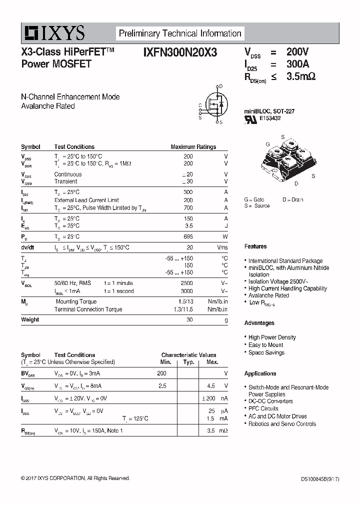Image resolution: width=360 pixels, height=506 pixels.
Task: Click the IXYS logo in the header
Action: click(53, 33)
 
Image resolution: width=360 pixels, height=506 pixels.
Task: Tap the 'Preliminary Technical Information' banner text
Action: click(180, 33)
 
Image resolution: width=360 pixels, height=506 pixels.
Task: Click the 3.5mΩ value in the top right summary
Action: click(301, 76)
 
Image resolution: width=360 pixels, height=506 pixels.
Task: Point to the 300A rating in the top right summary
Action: click(298, 64)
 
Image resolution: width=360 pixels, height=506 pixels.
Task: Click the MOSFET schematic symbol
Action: click(212, 104)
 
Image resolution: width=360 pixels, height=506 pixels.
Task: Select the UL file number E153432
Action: click(270, 118)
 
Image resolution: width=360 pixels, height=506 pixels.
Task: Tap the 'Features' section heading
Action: click(255, 246)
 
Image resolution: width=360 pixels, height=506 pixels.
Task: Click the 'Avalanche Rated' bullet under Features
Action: click(269, 295)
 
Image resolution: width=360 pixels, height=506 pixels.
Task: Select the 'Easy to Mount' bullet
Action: click(266, 345)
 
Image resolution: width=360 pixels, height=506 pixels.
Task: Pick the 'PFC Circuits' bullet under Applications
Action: click(263, 408)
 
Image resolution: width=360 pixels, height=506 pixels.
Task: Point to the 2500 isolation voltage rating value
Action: click(186, 283)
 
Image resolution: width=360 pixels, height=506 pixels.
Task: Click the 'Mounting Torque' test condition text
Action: click(76, 301)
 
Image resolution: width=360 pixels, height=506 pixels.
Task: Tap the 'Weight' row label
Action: click(30, 319)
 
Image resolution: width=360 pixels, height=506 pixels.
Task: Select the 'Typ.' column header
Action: click(188, 362)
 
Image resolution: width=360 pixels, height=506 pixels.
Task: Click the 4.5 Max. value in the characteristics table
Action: click(211, 386)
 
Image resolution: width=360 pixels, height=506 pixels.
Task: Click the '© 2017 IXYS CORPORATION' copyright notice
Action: click(75, 478)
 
